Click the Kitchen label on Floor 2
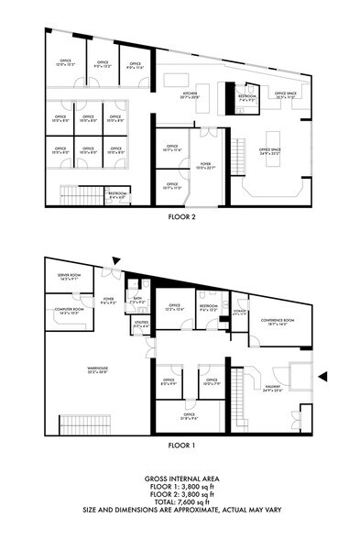click(190, 95)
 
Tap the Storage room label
click(239, 313)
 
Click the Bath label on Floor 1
click(137, 299)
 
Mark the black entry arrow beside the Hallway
click(322, 376)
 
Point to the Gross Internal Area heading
click(180, 479)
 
